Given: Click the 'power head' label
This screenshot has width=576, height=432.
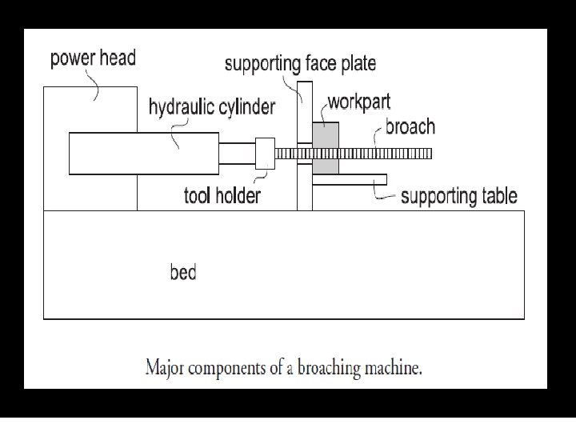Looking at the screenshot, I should click(x=93, y=58).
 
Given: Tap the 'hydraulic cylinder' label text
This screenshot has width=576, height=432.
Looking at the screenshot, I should click(x=211, y=106).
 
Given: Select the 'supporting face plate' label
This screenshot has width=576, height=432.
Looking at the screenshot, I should click(x=300, y=62).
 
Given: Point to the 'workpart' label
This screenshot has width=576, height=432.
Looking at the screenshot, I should click(x=359, y=103).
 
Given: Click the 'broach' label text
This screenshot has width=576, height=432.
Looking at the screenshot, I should click(x=410, y=126).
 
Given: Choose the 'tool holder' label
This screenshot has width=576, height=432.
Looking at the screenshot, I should click(x=222, y=194).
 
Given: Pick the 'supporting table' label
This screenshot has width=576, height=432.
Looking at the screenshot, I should click(x=458, y=195).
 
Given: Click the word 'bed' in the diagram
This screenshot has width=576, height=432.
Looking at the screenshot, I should click(x=182, y=272).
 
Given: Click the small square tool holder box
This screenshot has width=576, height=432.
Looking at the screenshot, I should click(x=264, y=153).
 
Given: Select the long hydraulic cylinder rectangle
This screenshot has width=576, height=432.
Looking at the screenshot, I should click(x=144, y=153).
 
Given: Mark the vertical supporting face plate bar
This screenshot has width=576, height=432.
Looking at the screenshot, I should click(x=304, y=192).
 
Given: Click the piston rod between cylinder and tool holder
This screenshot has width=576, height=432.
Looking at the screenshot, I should click(x=237, y=153).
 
